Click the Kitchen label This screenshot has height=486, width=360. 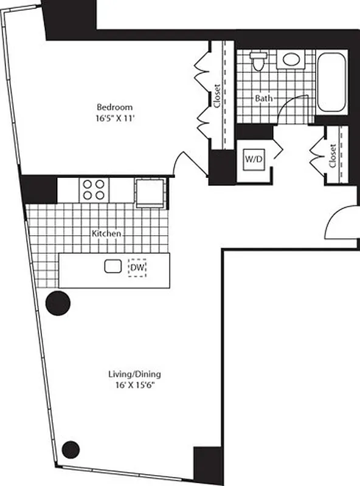pyautogui.click(x=106, y=233)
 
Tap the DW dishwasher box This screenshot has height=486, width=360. pyautogui.click(x=137, y=267)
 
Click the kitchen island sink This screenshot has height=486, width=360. pyautogui.click(x=112, y=266)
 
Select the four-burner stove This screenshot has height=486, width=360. pyautogui.click(x=93, y=189)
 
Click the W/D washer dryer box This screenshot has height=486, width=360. pyautogui.click(x=254, y=159)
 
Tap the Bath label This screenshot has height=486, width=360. pyautogui.click(x=263, y=98)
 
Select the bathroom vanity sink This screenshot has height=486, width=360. pyautogui.click(x=291, y=60)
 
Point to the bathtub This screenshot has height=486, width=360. pyautogui.click(x=331, y=83)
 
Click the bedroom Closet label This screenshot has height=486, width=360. pyautogui.click(x=217, y=95)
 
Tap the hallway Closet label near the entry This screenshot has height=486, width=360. pyautogui.click(x=333, y=156)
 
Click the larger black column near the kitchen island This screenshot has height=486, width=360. pyautogui.click(x=58, y=302)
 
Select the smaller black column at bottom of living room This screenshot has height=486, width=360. pyautogui.click(x=71, y=449)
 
